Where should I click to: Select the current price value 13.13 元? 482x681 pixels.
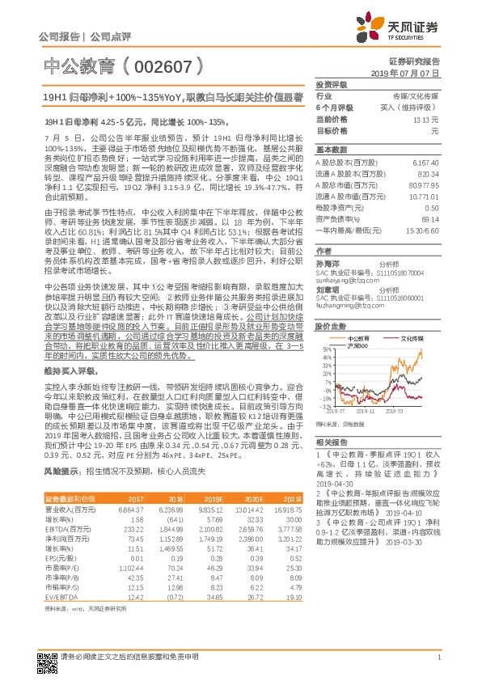[x=426, y=118]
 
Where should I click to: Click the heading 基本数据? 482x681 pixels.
[x=330, y=150]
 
